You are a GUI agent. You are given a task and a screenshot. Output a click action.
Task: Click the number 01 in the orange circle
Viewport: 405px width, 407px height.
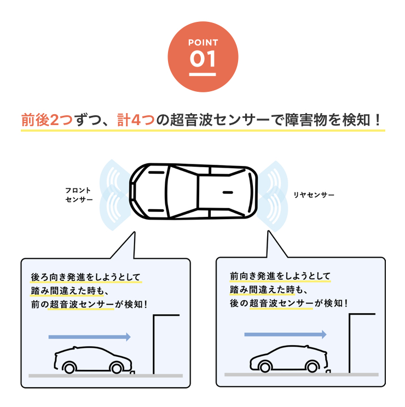pos(202,58)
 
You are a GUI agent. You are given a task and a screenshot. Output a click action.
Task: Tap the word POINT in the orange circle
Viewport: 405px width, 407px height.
pos(203,43)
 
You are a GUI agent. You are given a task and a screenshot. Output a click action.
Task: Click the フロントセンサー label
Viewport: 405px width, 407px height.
pos(79,194)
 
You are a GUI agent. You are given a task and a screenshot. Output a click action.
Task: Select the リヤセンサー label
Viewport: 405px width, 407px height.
pos(314,195)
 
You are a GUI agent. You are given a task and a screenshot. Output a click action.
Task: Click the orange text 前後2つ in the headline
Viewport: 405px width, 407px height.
pos(47,120)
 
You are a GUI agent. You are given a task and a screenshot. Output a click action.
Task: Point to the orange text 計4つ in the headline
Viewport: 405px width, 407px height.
pos(136,120)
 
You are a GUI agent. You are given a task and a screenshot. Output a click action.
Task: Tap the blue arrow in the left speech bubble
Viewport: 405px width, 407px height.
pos(89,337)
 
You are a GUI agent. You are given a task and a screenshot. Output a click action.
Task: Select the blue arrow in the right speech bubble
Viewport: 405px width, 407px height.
pos(285,334)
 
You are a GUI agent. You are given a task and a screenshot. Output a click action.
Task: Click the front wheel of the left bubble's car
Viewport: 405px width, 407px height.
pos(116,368)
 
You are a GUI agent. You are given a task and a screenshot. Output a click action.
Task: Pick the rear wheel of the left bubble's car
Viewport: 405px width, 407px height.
pos(70,368)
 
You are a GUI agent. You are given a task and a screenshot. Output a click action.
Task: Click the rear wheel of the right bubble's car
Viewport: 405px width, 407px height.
pos(311,367)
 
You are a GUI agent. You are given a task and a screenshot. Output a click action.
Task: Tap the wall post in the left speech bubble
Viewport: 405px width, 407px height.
pos(154,344)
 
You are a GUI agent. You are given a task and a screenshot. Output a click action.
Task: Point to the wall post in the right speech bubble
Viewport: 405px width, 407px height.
pos(350,343)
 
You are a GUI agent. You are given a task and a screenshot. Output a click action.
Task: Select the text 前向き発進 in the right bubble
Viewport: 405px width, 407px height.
pos(252,276)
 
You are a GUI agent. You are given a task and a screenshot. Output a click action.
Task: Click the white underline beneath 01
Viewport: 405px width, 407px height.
pos(202,74)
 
